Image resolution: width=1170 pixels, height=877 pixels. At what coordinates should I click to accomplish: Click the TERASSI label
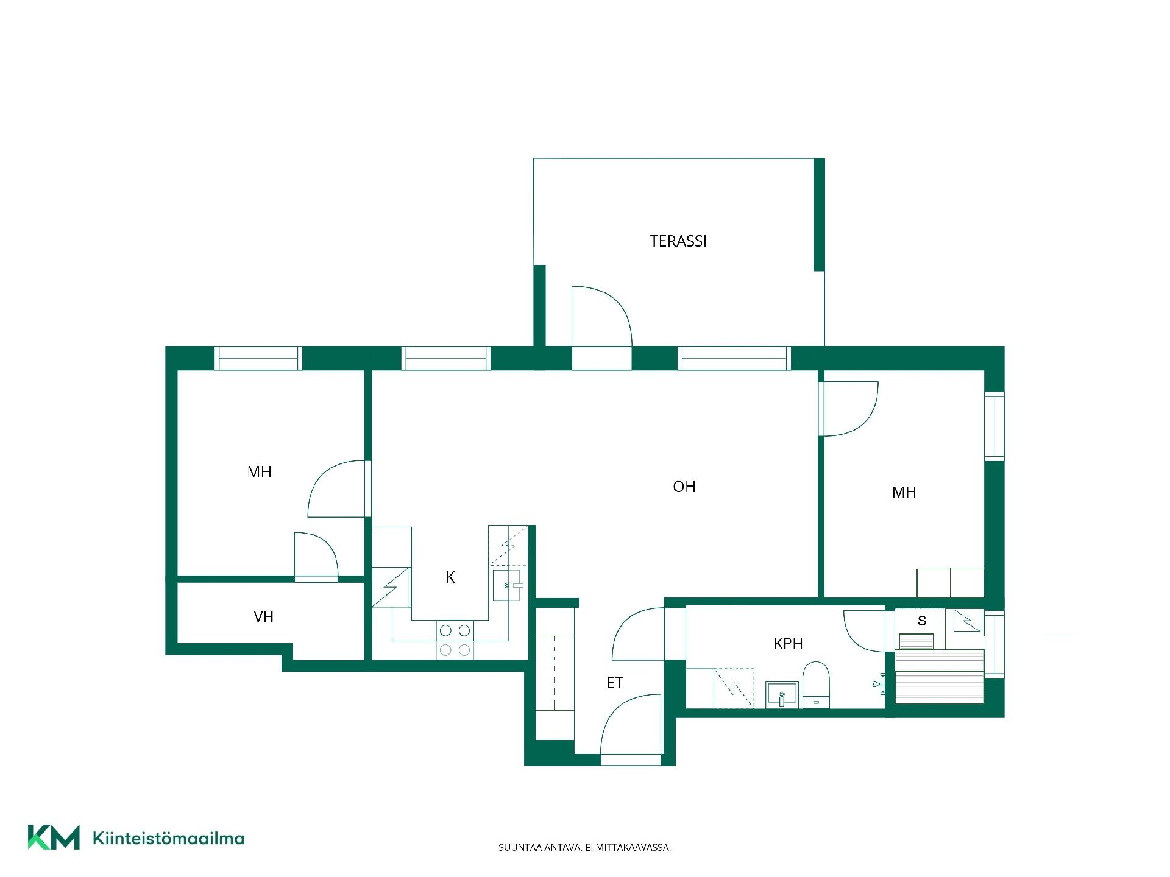678,241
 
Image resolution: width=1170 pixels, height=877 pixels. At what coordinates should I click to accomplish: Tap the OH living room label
684,487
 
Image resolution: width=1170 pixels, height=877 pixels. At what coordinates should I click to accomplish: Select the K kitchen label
450,577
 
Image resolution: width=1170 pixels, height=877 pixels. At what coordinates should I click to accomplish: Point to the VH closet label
263,616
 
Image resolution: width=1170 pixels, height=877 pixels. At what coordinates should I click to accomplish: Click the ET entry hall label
615,683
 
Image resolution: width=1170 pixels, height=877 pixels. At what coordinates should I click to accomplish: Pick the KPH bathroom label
788,644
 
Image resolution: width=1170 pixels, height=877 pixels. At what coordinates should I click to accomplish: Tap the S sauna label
922,621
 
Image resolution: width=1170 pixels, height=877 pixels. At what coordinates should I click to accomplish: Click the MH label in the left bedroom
260,471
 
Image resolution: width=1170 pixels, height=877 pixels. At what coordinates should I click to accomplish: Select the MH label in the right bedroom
904,492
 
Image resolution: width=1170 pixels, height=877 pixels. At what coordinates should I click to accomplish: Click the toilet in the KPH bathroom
816,685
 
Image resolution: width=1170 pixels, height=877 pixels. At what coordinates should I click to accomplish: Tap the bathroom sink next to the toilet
782,694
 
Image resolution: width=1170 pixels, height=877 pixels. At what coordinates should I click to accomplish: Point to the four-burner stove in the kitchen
455,640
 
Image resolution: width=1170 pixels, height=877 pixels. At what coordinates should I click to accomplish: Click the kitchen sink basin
506,585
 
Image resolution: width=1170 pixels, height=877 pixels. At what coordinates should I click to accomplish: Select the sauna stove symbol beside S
967,621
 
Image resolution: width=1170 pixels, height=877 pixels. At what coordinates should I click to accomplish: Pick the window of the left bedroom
258,358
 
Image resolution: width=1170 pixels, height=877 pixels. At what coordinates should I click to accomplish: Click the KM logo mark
54,837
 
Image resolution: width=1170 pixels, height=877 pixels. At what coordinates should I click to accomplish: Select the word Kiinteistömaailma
168,839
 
